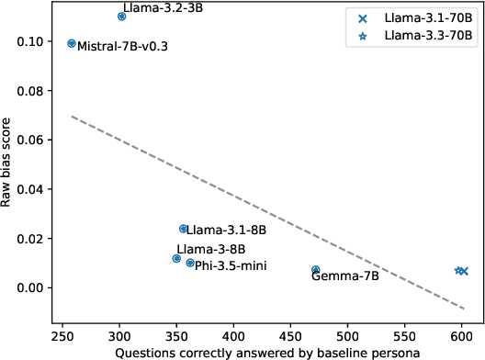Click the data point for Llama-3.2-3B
coord(121,17)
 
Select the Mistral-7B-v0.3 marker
coord(72,43)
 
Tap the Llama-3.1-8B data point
coord(183,229)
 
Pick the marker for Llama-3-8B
coord(176,259)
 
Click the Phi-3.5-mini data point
coord(190,263)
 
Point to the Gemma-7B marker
coord(316,270)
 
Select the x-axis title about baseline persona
coord(267,351)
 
